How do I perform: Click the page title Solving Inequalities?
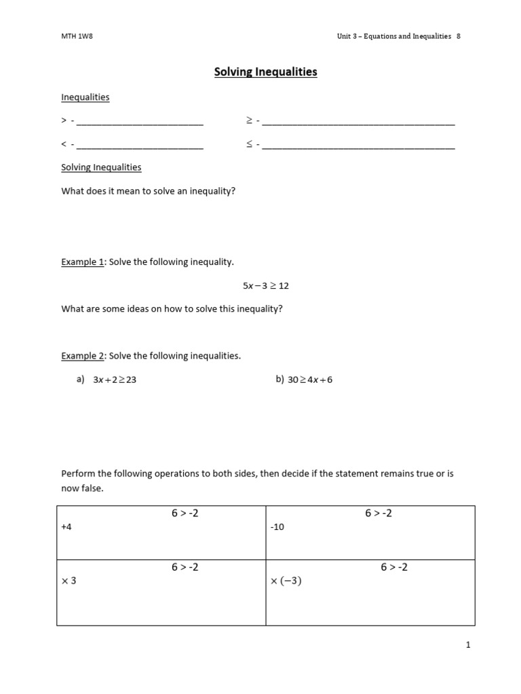pos(266,72)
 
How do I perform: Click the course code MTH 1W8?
pos(76,37)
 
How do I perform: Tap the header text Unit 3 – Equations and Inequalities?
pos(394,37)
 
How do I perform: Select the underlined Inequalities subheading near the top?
pos(85,97)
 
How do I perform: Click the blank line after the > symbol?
pos(140,123)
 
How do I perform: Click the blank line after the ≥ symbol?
pos(358,123)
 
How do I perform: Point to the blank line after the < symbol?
pos(140,146)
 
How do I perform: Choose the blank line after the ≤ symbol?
pos(358,146)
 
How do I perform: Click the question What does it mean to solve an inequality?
pos(149,191)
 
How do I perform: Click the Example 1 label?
pos(82,262)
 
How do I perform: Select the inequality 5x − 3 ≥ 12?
pos(266,286)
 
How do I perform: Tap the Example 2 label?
pos(82,356)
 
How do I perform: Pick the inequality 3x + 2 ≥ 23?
pos(115,380)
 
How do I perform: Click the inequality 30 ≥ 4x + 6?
pos(310,380)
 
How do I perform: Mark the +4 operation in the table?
pos(66,527)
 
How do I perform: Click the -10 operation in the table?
pos(277,527)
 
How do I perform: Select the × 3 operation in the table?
pos(69,581)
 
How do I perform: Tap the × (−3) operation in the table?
pos(286,581)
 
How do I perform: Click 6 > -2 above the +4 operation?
pos(185,514)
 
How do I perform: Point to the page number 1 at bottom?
pos(468,645)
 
